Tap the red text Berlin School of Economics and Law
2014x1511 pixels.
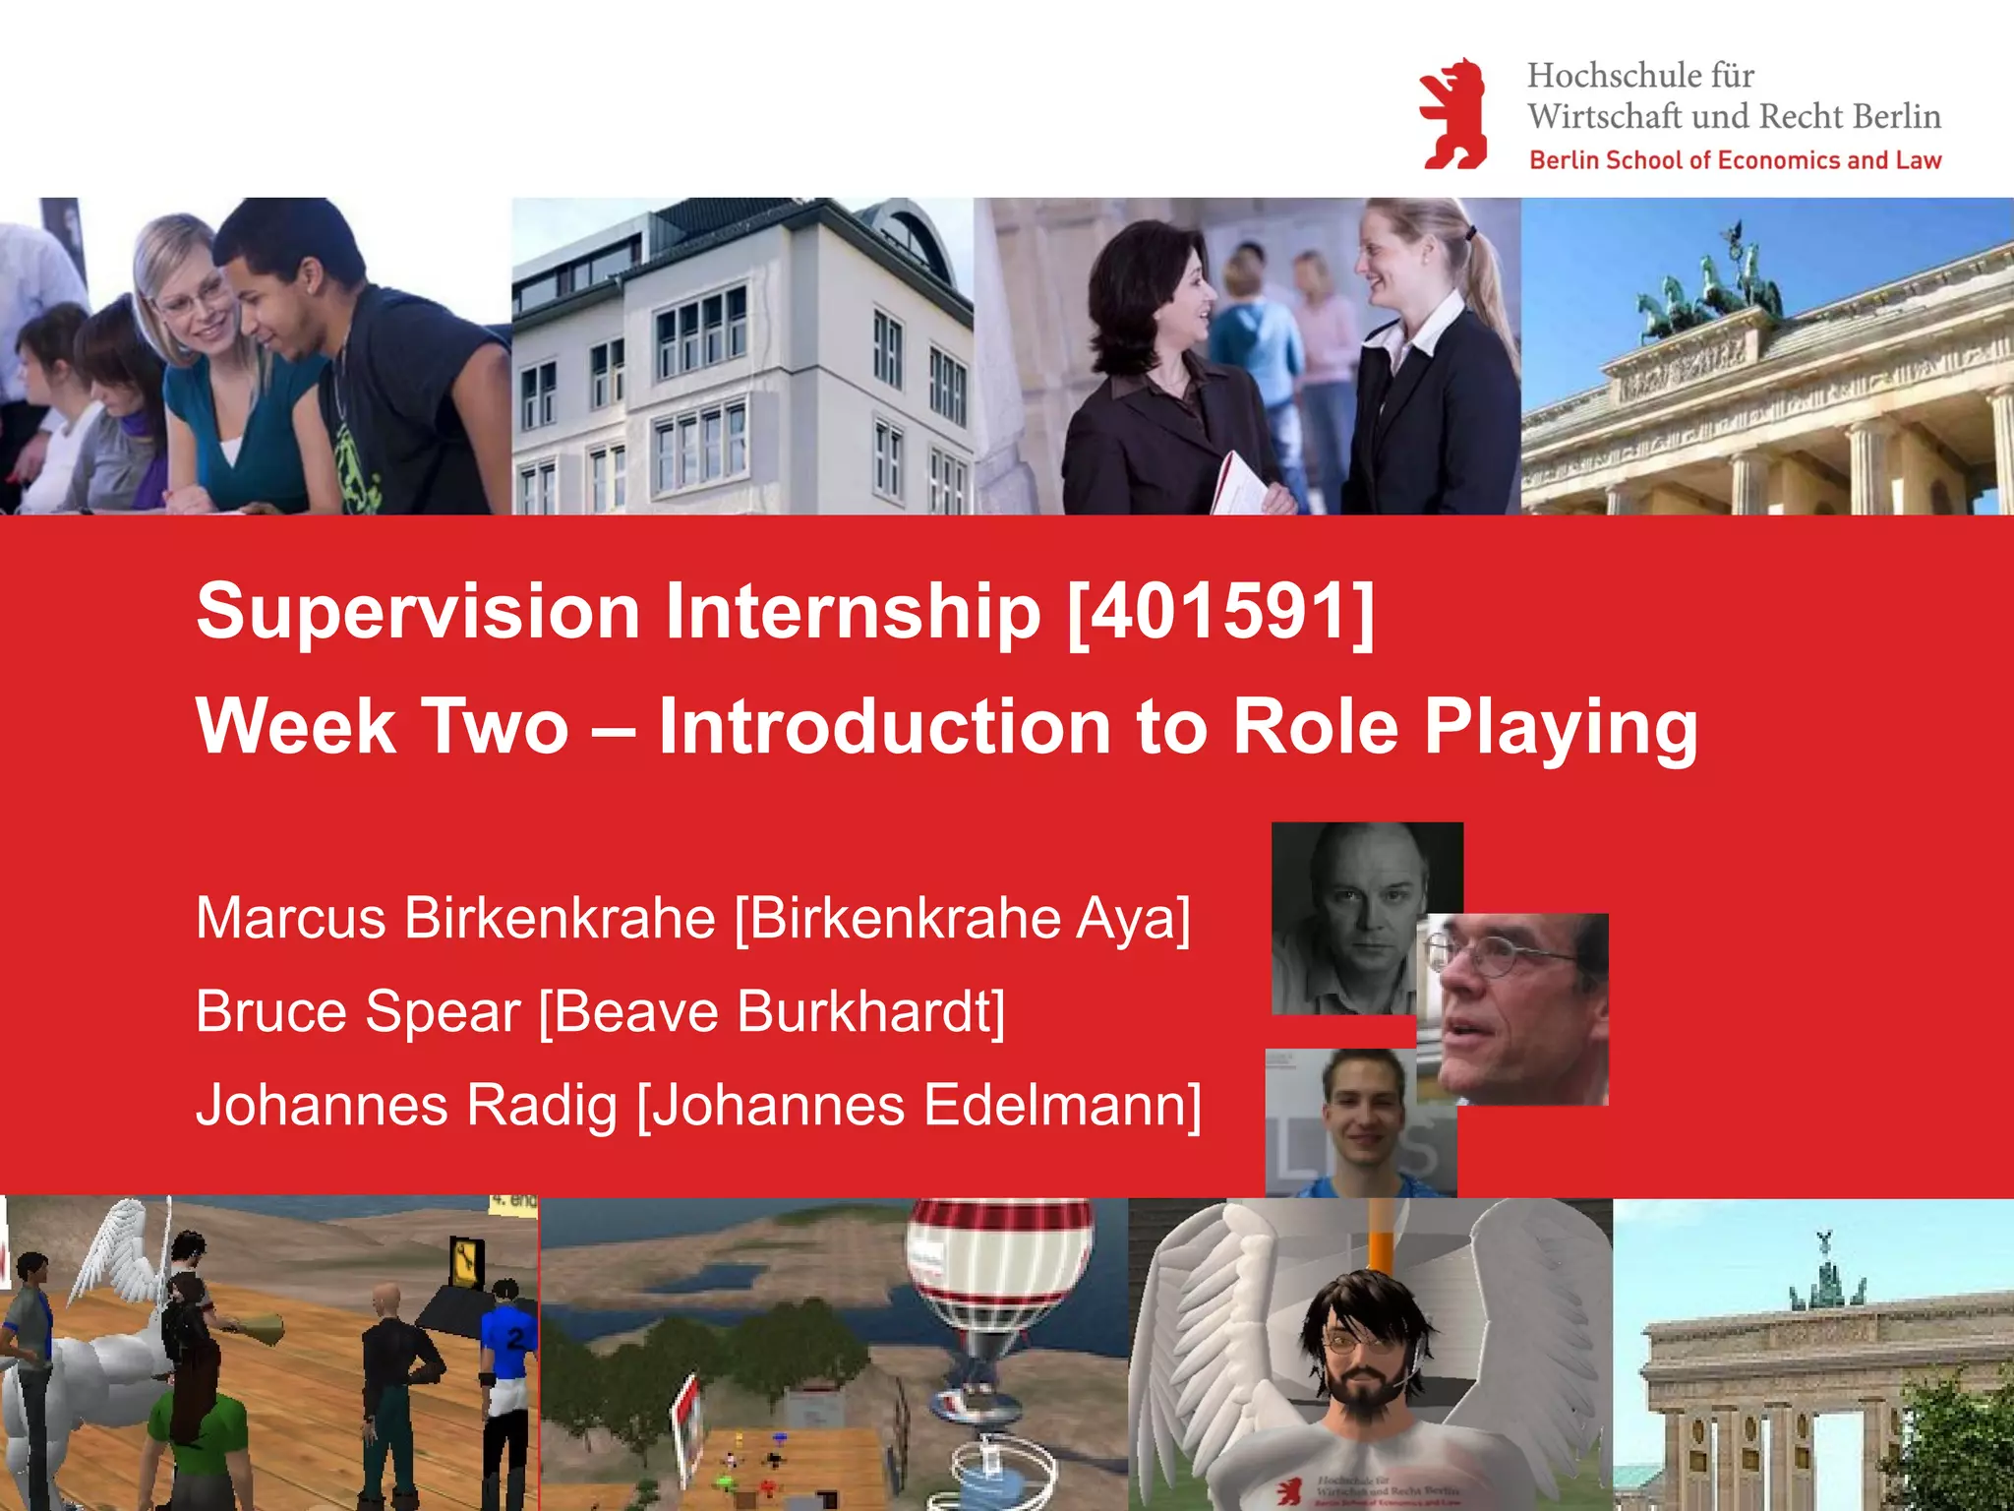pos(1735,160)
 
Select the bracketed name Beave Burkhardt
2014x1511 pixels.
pos(773,1012)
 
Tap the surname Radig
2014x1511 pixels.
pos(541,1106)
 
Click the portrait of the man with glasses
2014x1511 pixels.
pos(1519,1008)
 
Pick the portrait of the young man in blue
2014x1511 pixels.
pos(1362,1121)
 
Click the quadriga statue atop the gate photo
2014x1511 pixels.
pos(1711,285)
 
